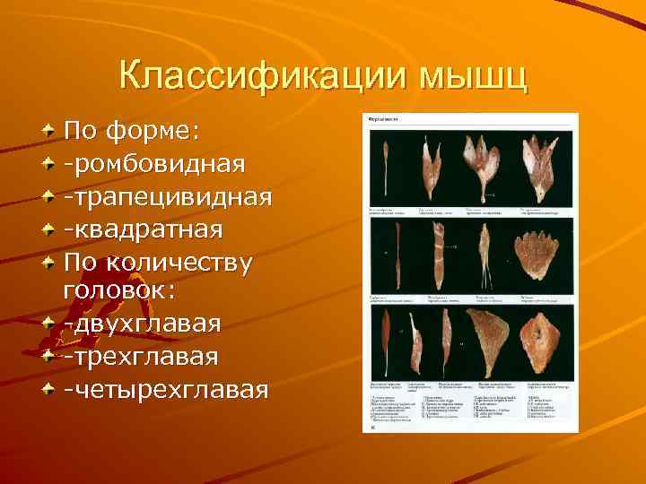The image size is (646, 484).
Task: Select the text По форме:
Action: coord(134,132)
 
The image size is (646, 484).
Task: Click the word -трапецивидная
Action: coord(167,196)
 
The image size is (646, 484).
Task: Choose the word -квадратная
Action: coord(143,229)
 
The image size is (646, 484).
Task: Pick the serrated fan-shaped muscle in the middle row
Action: coord(538,255)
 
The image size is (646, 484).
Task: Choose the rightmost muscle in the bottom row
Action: coord(542,341)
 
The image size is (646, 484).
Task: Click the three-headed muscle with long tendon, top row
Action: coord(485,161)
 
